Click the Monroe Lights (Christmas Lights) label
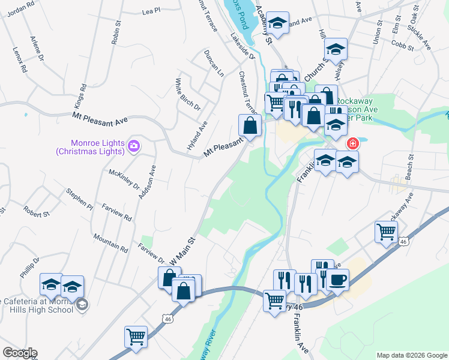[x=89, y=147]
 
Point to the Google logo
[x=19, y=353]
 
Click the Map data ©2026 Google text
[x=411, y=355]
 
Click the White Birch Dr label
[x=187, y=93]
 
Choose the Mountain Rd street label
[x=110, y=242]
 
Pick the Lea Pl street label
[x=151, y=11]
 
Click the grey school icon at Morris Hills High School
[x=82, y=306]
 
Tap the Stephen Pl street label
[x=79, y=199]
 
